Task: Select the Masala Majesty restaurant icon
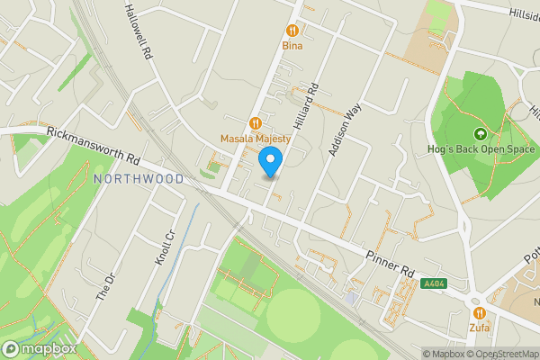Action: pos(256,123)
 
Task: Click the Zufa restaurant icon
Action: pos(480,312)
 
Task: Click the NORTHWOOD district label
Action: pos(139,179)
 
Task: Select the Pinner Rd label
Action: pos(389,259)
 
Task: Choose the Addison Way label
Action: pos(345,130)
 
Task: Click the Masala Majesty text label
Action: pos(256,139)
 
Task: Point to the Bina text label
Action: pos(292,45)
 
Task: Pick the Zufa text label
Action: pos(480,328)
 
